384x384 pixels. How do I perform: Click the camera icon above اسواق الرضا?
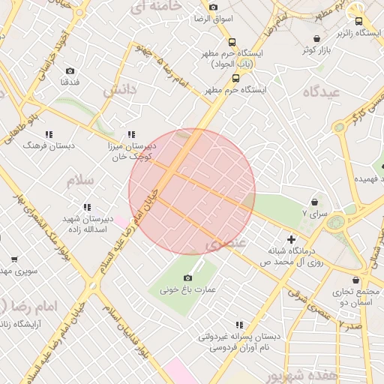coord(213,6)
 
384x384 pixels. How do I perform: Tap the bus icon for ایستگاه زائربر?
coord(358,22)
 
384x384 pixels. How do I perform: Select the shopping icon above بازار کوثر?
coord(317,38)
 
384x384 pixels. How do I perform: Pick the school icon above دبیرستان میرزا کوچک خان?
coord(132,134)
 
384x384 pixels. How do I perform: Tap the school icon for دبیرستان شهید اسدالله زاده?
coord(87,207)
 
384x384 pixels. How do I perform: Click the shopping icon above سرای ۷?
coord(313,202)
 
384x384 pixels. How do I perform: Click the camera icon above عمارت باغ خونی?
coord(187,278)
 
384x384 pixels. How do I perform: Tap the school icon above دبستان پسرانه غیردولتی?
coord(238,325)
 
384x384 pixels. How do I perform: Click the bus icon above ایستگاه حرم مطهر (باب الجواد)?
coord(232,43)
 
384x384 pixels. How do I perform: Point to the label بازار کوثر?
coord(317,49)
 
